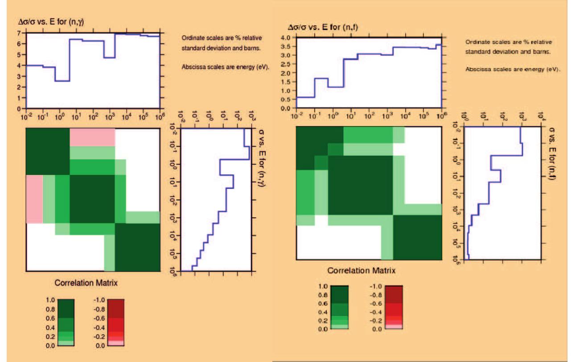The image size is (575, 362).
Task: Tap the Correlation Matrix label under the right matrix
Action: (361, 270)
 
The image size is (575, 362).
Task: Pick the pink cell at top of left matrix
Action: (92, 137)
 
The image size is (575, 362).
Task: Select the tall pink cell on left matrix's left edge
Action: (34, 199)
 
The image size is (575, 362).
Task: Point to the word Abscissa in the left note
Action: (193, 67)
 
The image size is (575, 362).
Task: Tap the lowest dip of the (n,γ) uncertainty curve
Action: (62, 81)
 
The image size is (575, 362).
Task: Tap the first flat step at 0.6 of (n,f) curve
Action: (305, 97)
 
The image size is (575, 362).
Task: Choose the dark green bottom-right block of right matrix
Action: (417, 237)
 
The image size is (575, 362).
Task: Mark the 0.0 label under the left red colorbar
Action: (101, 345)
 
